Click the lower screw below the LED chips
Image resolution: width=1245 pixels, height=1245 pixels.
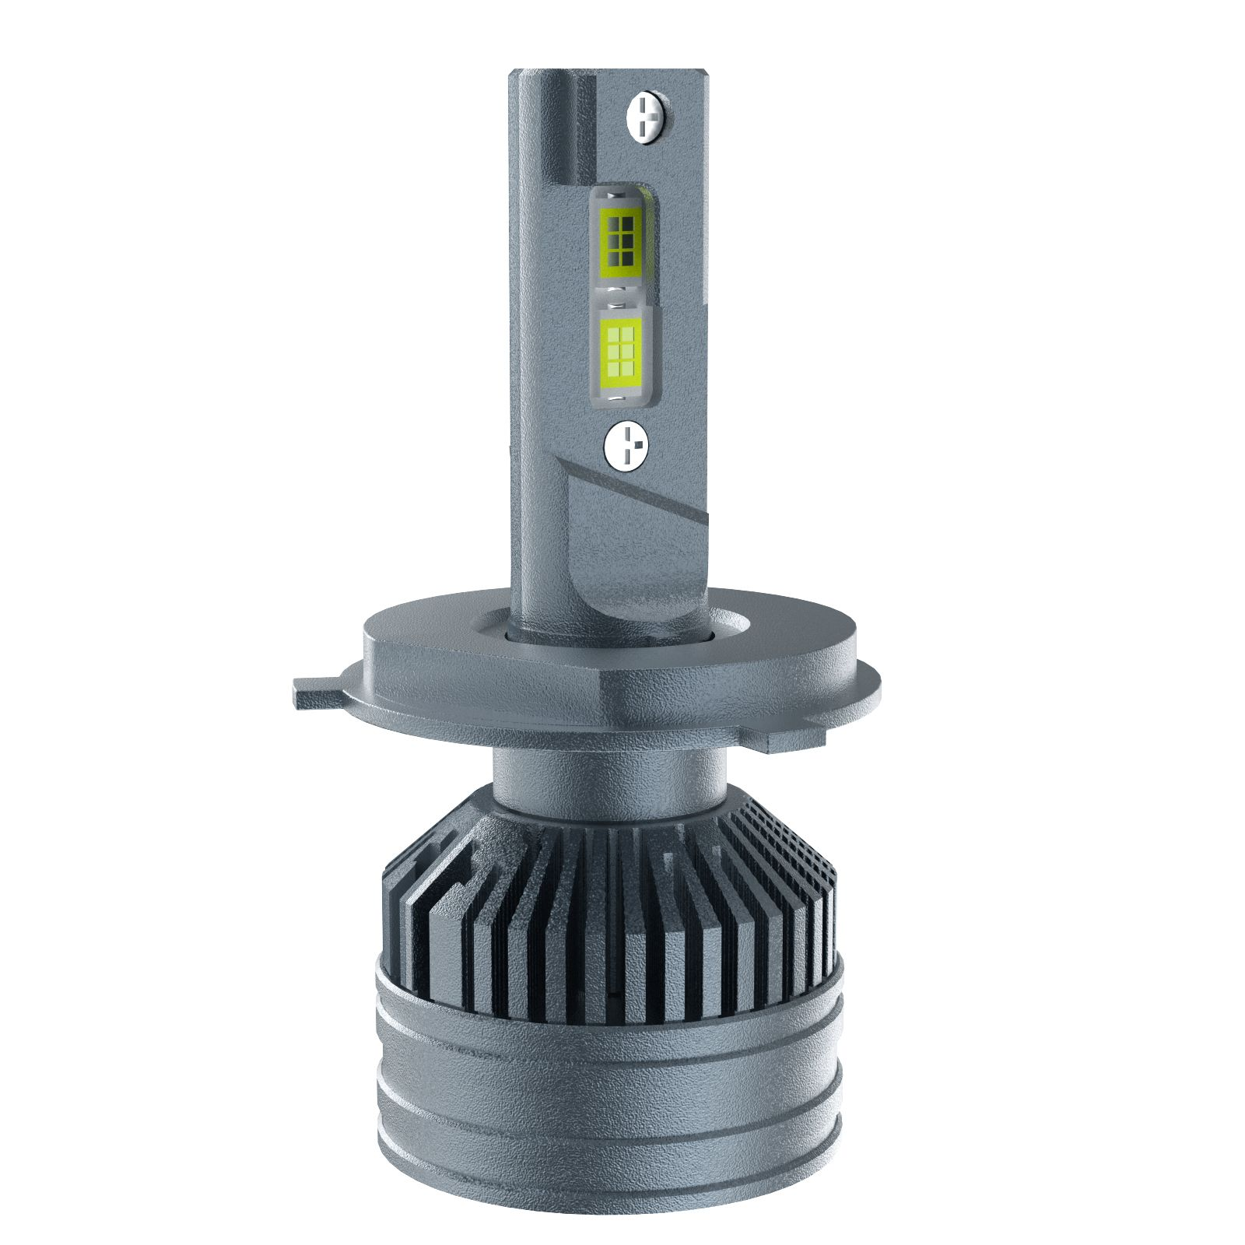[x=626, y=444]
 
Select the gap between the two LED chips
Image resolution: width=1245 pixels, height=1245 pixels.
[x=621, y=292]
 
